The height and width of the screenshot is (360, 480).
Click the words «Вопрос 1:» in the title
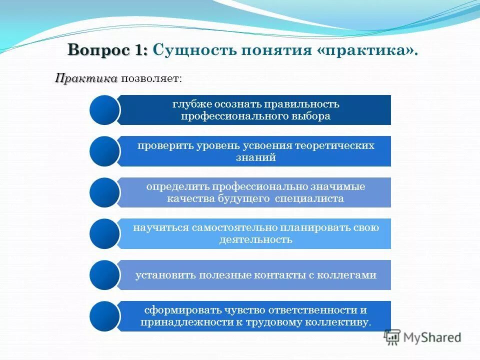click(107, 50)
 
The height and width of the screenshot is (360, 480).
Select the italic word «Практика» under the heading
click(86, 78)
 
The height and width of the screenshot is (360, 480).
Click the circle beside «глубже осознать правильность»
click(104, 110)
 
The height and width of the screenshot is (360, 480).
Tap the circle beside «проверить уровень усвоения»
click(104, 151)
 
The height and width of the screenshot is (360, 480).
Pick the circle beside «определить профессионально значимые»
click(104, 192)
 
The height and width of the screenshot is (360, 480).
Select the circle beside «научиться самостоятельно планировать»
click(104, 233)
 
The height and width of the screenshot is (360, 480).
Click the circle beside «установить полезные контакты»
click(104, 275)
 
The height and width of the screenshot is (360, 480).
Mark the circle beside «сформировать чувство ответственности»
click(104, 316)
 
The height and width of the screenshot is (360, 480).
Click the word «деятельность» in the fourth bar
click(255, 239)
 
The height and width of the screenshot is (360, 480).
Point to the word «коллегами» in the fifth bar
click(351, 275)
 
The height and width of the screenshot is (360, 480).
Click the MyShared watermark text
click(433, 337)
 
